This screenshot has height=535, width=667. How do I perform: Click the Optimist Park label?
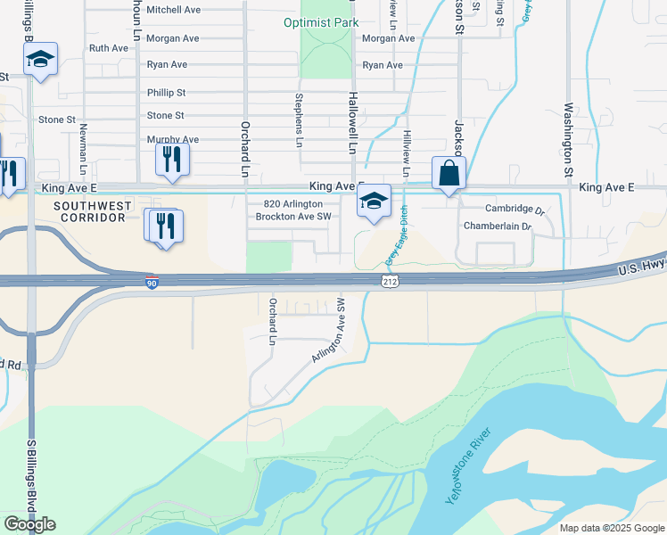(321, 22)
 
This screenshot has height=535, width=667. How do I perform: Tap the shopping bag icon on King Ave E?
(449, 174)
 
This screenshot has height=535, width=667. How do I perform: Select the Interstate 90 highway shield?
(152, 282)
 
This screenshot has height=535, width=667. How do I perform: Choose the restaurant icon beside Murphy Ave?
(172, 160)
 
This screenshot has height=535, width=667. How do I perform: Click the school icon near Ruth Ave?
(40, 60)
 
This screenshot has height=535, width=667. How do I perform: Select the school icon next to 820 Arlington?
(375, 202)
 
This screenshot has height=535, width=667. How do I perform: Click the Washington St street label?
(567, 138)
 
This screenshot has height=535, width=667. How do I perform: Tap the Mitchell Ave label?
(173, 10)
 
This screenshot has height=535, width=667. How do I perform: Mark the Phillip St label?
(166, 93)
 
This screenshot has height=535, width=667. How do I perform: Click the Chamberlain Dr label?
(497, 226)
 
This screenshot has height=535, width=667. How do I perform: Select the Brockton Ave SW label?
(293, 217)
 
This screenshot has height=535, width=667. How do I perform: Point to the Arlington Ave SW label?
(328, 331)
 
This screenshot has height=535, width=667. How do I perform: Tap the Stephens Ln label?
(299, 120)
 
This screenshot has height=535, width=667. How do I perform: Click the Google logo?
(29, 524)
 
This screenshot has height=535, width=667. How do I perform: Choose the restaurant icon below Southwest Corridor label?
(165, 226)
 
